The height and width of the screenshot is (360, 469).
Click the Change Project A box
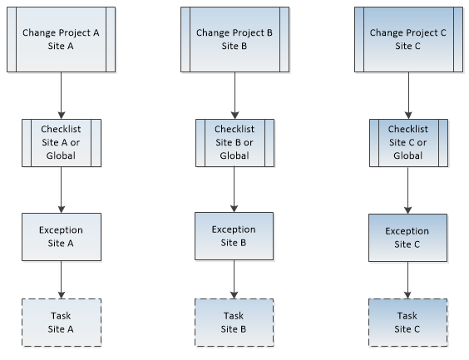(61, 39)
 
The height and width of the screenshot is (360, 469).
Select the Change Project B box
(234, 39)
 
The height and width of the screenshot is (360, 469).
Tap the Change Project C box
(408, 39)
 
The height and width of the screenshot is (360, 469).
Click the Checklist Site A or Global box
(62, 143)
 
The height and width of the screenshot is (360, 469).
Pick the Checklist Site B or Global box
(234, 143)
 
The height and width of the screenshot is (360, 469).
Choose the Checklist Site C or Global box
(408, 143)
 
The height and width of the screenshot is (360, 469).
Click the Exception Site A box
(62, 237)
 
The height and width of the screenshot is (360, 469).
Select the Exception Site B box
(234, 236)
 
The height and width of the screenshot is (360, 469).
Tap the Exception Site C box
(407, 238)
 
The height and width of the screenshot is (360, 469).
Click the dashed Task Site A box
(62, 323)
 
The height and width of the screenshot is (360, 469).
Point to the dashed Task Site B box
(234, 323)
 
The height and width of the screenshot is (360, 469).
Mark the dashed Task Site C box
(407, 323)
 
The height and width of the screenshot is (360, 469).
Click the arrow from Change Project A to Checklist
(62, 96)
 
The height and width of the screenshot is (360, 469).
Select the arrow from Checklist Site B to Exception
(234, 190)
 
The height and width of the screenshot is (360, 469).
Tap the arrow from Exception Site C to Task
(407, 280)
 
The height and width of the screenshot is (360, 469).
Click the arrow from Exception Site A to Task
(62, 279)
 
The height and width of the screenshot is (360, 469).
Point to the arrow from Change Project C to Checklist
(408, 96)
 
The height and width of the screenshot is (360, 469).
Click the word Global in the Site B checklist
(234, 155)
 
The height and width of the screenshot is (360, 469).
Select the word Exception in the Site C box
(407, 231)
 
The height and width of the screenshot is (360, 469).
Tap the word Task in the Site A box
(61, 316)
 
